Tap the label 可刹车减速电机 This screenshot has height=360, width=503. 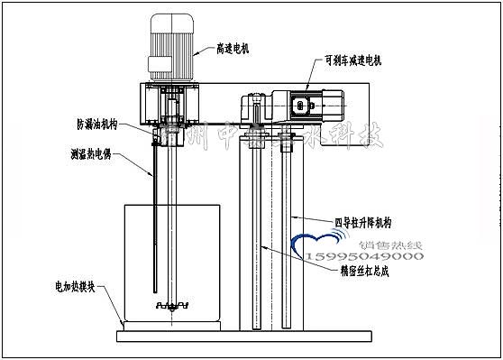coord(352,61)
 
